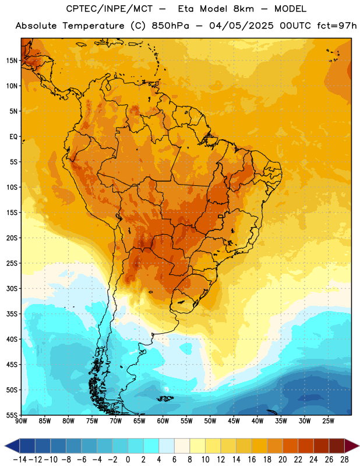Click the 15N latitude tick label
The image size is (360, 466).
tap(12, 61)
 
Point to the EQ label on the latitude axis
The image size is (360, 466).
tap(13, 137)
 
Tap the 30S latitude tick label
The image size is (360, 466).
tap(12, 288)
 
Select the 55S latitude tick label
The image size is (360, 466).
tap(12, 415)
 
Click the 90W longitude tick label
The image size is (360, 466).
tap(21, 421)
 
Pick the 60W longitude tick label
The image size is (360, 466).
tap(163, 421)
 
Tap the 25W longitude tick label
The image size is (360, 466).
tap(328, 421)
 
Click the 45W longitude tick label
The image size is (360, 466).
tap(234, 421)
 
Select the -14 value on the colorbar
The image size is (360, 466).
tap(20, 460)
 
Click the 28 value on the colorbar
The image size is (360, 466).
tap(344, 460)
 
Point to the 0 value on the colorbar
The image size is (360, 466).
tap(128, 460)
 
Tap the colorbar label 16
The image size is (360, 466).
tap(252, 460)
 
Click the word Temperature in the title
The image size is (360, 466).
tap(93, 26)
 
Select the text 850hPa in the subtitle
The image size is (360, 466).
tap(170, 26)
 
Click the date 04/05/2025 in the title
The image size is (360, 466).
tap(241, 26)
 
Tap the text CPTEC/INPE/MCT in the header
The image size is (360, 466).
tap(110, 9)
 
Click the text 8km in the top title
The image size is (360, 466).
tap(243, 9)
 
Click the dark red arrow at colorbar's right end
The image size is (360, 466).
tap(352, 446)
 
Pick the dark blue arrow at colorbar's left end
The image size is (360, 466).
tap(12, 446)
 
